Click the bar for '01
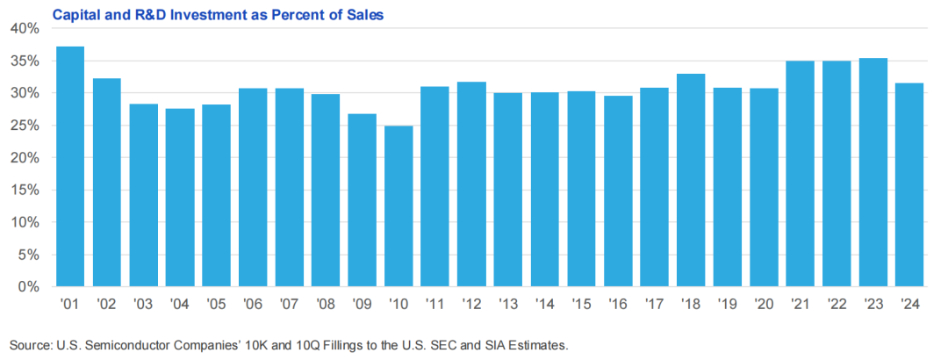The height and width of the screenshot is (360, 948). tap(70, 167)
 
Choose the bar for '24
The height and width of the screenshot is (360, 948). tap(910, 184)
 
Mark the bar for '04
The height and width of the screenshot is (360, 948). tap(180, 198)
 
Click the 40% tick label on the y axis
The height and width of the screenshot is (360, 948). tap(26, 28)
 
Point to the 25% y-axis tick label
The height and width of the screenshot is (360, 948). tap(26, 126)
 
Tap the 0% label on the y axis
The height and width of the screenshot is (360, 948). tap(30, 287)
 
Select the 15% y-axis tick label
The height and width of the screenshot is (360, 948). tap(26, 191)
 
